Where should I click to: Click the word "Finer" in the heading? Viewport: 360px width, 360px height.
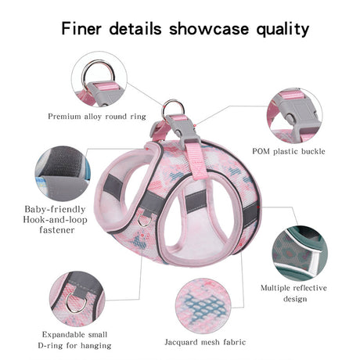[x=81, y=28]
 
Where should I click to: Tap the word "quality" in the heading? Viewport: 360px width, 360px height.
[x=283, y=29]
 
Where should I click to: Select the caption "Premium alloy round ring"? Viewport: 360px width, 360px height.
[x=97, y=117]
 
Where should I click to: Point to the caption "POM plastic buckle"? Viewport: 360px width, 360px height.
[x=289, y=151]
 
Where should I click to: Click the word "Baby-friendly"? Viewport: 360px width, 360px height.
[x=55, y=209]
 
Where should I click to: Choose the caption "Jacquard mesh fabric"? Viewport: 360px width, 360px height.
[x=205, y=342]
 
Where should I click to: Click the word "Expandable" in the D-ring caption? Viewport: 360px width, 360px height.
[x=63, y=334]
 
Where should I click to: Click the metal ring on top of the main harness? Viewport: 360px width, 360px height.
[x=173, y=109]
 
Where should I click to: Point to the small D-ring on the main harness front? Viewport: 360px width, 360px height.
[x=144, y=220]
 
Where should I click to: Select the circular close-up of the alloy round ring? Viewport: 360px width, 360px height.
[x=99, y=79]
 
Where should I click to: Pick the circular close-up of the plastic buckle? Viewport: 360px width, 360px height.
[x=294, y=115]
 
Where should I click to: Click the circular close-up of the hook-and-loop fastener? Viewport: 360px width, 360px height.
[x=63, y=174]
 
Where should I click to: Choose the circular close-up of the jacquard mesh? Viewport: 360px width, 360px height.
[x=203, y=306]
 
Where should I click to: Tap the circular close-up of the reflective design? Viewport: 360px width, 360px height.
[x=300, y=253]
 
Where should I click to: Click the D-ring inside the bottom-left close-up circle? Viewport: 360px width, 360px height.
[x=77, y=303]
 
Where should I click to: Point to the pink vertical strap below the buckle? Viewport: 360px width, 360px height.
[x=196, y=161]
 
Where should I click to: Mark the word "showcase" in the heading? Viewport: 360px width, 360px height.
[x=209, y=28]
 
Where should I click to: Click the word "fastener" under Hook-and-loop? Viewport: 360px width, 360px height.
[x=57, y=230]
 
